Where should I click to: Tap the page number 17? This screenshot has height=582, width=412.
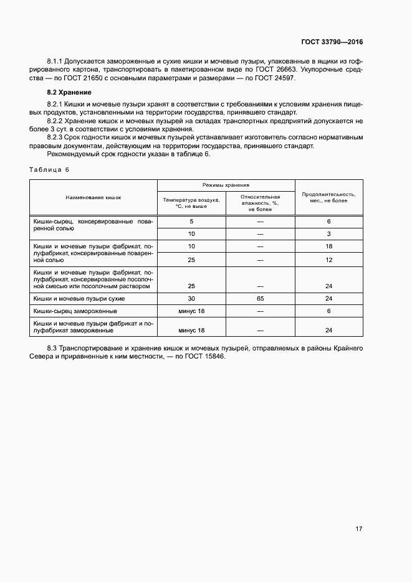pyautogui.click(x=359, y=529)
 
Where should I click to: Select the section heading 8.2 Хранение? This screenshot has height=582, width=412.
pyautogui.click(x=65, y=92)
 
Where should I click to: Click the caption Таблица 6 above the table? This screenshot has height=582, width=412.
pyautogui.click(x=50, y=170)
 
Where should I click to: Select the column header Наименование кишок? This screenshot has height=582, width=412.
pyautogui.click(x=93, y=197)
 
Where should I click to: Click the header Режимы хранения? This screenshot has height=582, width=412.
pyautogui.click(x=226, y=185)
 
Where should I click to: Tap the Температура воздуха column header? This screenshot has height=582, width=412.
pyautogui.click(x=191, y=203)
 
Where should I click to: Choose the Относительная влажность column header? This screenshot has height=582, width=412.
pyautogui.click(x=260, y=203)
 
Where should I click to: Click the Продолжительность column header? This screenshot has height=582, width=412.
pyautogui.click(x=328, y=197)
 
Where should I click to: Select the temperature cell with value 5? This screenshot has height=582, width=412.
pyautogui.click(x=191, y=222)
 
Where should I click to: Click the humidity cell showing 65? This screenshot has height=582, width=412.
pyautogui.click(x=260, y=299)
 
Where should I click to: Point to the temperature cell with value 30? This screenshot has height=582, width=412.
pyautogui.click(x=191, y=299)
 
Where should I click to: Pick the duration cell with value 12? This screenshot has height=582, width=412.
pyautogui.click(x=328, y=260)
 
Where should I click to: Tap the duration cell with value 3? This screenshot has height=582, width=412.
pyautogui.click(x=328, y=234)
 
